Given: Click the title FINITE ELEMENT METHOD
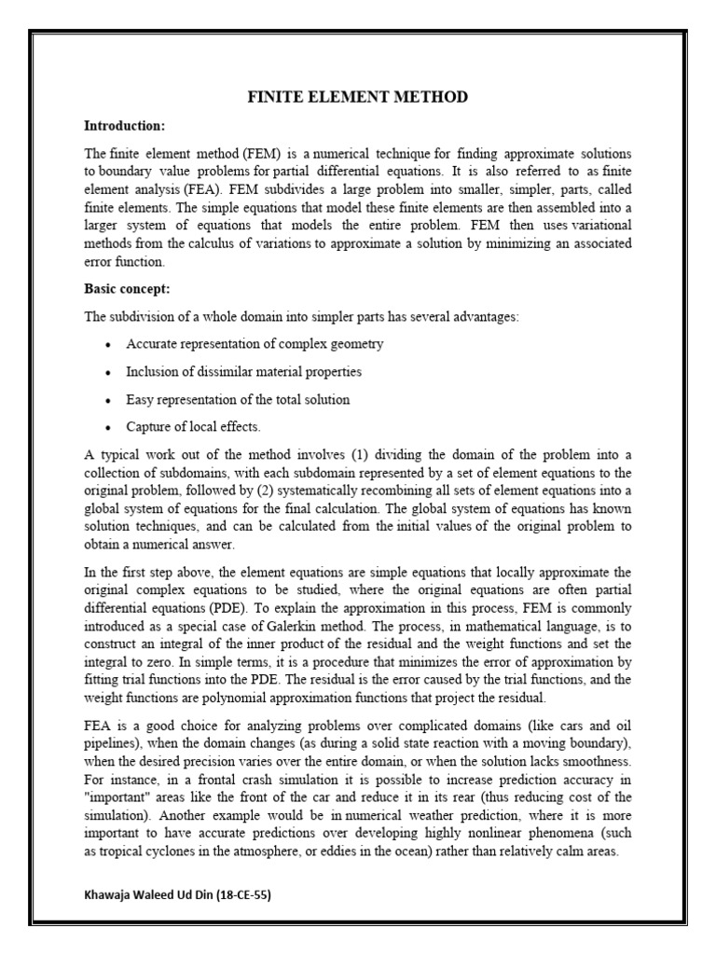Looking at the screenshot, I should point(357,97).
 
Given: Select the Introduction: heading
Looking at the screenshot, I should point(124,125).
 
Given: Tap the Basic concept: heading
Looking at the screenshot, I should point(127,289).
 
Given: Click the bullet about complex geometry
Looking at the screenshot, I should point(255,344).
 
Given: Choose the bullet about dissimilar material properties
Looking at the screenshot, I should point(244,371).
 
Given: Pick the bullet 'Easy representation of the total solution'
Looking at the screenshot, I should point(238,399).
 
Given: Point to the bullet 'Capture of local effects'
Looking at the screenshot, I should point(194,427).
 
